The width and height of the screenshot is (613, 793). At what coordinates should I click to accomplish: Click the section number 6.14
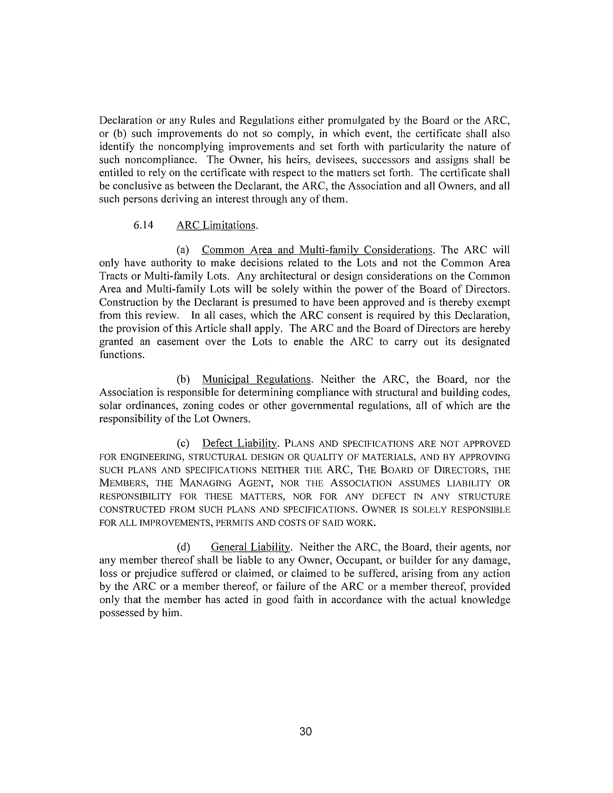point(144,225)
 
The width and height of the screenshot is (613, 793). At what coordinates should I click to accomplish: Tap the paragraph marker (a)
point(183,250)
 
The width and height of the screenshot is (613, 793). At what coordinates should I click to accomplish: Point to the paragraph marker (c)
point(183,443)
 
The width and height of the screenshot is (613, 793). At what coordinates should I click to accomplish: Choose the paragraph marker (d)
point(183,547)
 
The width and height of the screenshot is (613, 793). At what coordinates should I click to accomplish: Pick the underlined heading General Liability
point(250,547)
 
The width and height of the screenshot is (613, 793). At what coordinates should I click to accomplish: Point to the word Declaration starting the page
point(126,120)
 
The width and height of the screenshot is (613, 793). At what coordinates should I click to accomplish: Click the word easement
point(178,342)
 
